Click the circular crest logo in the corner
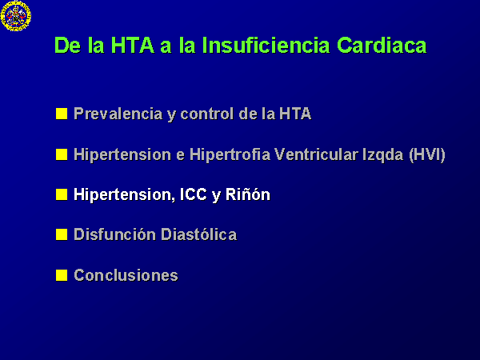tap(16, 16)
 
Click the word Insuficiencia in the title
tap(266, 46)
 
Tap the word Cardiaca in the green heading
tap(382, 46)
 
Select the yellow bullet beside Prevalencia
tap(62, 114)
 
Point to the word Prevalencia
tap(118, 114)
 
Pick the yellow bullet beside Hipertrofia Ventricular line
tap(62, 154)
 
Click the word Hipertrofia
tap(230, 154)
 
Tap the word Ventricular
tap(316, 154)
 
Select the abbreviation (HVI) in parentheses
tap(427, 154)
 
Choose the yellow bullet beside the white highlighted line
tap(62, 194)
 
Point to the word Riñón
tap(248, 194)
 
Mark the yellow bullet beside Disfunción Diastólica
tap(62, 234)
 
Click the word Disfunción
tap(114, 234)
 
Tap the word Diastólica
tap(198, 234)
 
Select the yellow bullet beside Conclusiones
tap(62, 275)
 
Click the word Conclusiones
tap(126, 275)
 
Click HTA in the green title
tap(132, 46)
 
